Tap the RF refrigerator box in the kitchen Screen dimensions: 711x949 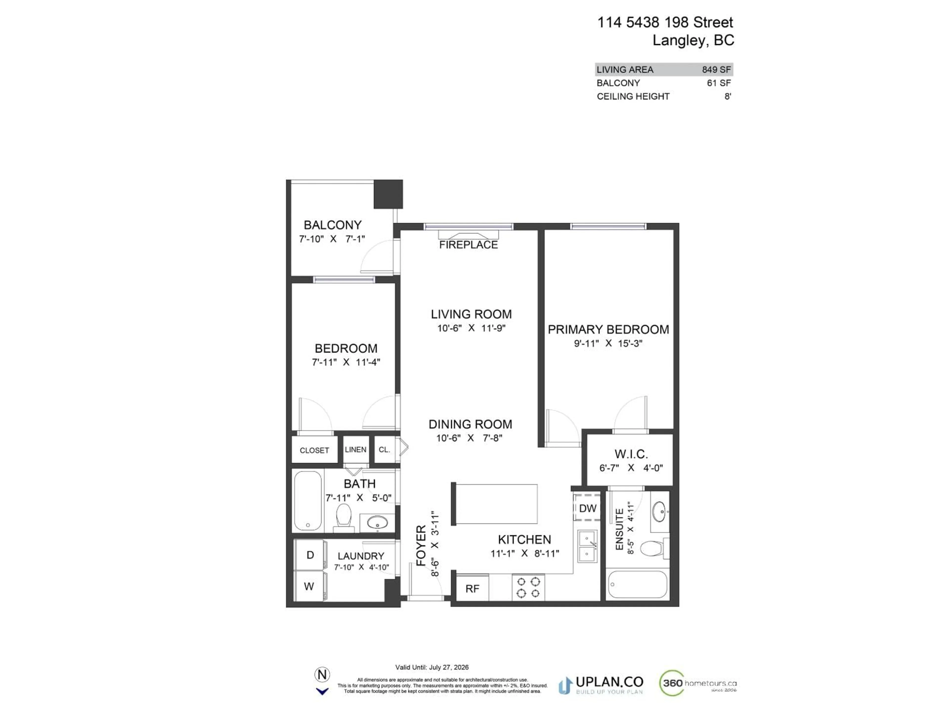(472, 589)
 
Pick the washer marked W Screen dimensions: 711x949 (309, 586)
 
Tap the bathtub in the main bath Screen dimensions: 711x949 (308, 501)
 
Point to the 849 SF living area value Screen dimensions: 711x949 (716, 69)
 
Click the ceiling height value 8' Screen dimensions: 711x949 (728, 97)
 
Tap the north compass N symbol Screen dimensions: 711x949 (322, 674)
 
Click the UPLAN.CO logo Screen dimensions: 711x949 (601, 685)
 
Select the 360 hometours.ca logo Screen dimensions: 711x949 (698, 683)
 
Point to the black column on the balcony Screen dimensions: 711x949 (388, 194)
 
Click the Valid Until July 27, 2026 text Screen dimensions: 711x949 (431, 667)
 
